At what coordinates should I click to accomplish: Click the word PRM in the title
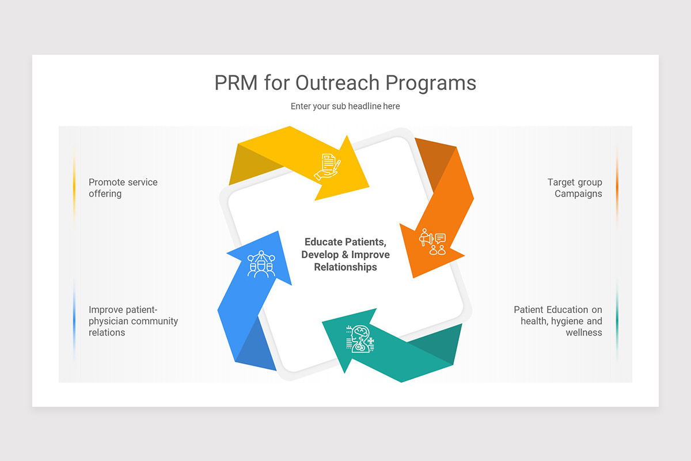[x=236, y=83]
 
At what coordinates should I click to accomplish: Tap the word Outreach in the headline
[x=337, y=83]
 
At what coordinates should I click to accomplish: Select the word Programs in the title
[x=431, y=84]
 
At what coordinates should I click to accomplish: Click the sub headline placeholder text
[x=345, y=106]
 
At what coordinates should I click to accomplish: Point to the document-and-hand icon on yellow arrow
[x=327, y=167]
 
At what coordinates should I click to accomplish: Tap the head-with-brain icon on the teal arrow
[x=360, y=339]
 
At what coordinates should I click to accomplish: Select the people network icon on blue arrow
[x=261, y=264]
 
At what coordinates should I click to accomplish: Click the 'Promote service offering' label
[x=123, y=188]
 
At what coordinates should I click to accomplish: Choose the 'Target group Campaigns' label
[x=575, y=188]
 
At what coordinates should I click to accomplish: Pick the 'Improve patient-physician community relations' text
[x=133, y=321]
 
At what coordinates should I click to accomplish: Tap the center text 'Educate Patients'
[x=345, y=242]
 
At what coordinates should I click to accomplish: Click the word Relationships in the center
[x=345, y=267]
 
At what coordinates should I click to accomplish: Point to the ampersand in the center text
[x=345, y=255]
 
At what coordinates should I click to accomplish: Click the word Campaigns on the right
[x=578, y=194]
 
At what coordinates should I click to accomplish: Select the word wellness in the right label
[x=584, y=332]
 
